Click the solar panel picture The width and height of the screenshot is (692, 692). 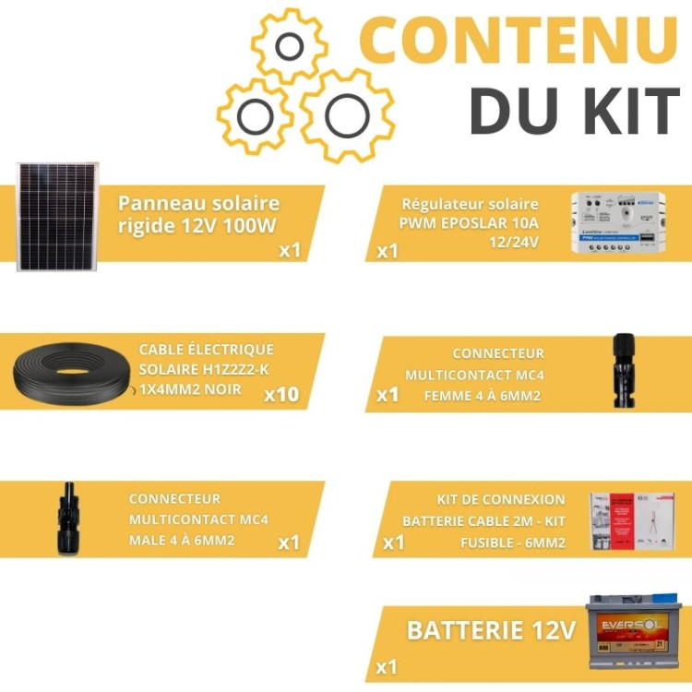click(57, 217)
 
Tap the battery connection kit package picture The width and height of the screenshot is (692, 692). click(632, 521)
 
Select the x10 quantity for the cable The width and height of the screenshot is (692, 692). click(281, 395)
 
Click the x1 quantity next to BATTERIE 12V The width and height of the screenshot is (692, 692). click(387, 666)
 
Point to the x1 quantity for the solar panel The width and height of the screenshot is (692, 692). click(290, 250)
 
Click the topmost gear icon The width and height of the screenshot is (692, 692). click(290, 48)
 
